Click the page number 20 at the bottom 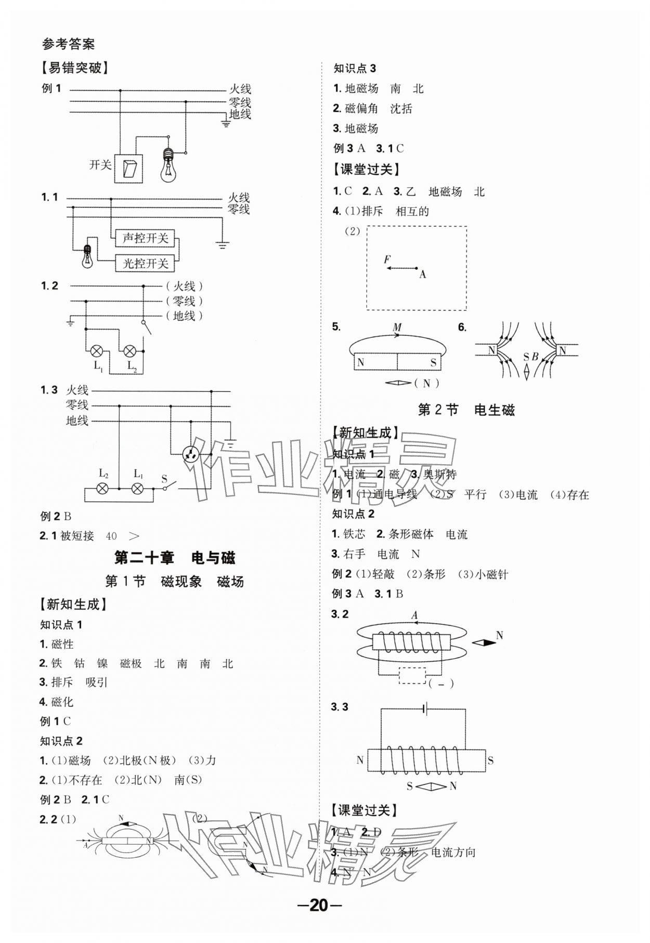pos(319,905)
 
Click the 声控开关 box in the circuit pos(145,239)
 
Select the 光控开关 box pos(145,263)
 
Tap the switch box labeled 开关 pos(129,168)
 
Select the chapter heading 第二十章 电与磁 pos(174,558)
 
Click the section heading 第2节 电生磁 pos(466,410)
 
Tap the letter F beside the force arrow pos(387,259)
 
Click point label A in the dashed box pos(422,274)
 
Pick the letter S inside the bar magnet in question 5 pos(433,362)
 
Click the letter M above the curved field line pos(397,328)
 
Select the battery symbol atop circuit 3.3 pos(426,709)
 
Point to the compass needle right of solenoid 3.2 pos(484,643)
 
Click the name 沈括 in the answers pos(401,109)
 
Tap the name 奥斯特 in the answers pos(440,474)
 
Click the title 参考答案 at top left pos(68,44)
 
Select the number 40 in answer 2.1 pos(111,535)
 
